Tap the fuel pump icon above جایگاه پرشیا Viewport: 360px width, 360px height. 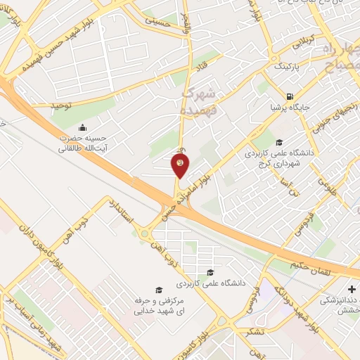(x=290, y=96)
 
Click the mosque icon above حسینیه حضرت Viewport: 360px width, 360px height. (x=84, y=127)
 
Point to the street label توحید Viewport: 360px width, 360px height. (x=61, y=105)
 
